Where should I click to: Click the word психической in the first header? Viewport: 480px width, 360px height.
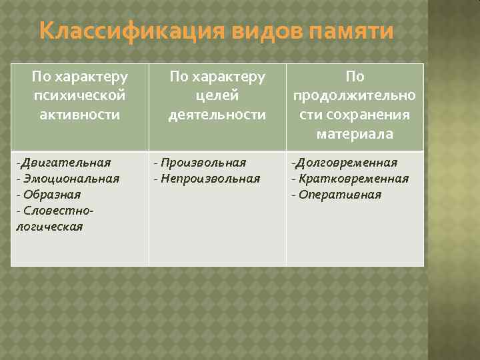pyautogui.click(x=79, y=96)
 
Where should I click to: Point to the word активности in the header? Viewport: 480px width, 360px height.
pyautogui.click(x=79, y=115)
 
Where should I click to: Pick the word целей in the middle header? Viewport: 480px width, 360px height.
pyautogui.click(x=217, y=96)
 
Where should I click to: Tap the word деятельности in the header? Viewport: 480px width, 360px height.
pyautogui.click(x=217, y=115)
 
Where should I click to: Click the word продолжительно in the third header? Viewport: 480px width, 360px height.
pyautogui.click(x=355, y=96)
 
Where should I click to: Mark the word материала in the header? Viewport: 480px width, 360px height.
pyautogui.click(x=355, y=134)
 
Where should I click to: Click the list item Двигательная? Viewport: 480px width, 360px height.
pyautogui.click(x=65, y=163)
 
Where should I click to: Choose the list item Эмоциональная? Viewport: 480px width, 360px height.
pyautogui.click(x=71, y=179)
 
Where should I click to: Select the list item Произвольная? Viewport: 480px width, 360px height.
pyautogui.click(x=203, y=163)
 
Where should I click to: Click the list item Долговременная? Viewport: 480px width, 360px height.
pyautogui.click(x=346, y=163)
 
